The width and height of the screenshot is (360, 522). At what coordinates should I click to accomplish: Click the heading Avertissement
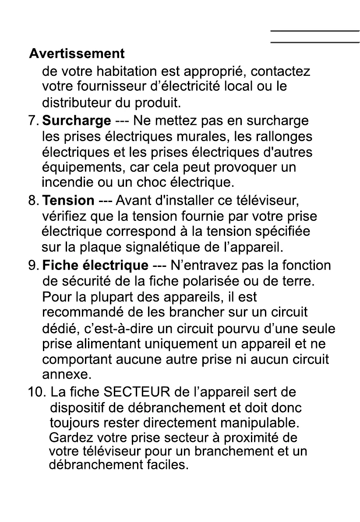(x=77, y=54)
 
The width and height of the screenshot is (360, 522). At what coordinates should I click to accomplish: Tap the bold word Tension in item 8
(x=68, y=201)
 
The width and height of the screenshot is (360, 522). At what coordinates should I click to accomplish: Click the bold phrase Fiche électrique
(x=95, y=266)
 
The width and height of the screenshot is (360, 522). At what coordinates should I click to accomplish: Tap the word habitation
(x=123, y=71)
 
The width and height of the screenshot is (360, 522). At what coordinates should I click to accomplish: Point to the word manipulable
(x=258, y=423)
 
